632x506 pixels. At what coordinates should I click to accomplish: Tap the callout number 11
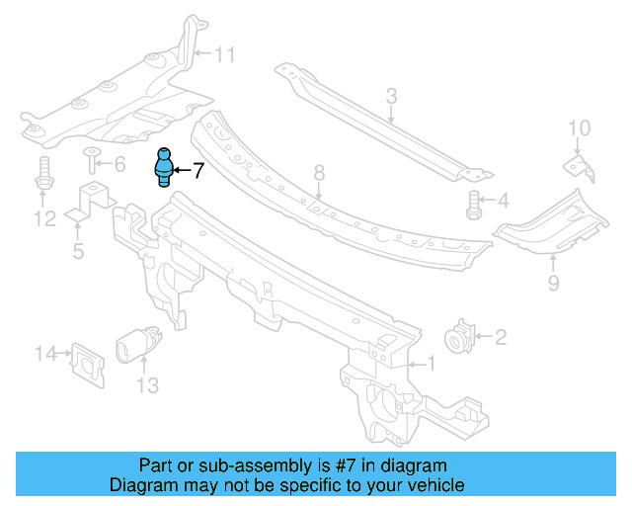pyautogui.click(x=225, y=55)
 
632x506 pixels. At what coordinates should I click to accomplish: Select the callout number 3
pyautogui.click(x=391, y=96)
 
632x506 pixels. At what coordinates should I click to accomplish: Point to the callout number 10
pyautogui.click(x=579, y=127)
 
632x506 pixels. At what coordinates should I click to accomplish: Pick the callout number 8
pyautogui.click(x=319, y=174)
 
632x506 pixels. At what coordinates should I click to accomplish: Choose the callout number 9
pyautogui.click(x=553, y=285)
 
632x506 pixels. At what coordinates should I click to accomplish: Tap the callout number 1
pyautogui.click(x=429, y=364)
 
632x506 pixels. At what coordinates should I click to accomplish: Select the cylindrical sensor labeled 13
pyautogui.click(x=133, y=348)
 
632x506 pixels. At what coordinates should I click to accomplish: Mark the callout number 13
pyautogui.click(x=146, y=386)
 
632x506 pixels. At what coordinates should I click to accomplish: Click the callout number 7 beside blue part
pyautogui.click(x=197, y=171)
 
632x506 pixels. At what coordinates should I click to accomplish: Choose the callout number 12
pyautogui.click(x=42, y=218)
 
